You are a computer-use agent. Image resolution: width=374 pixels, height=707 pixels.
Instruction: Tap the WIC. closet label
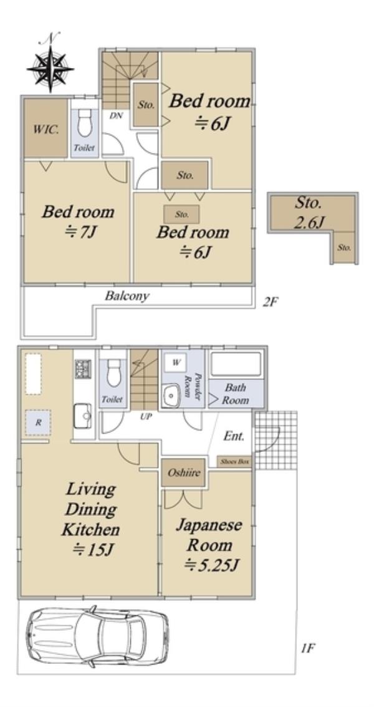pyautogui.click(x=46, y=129)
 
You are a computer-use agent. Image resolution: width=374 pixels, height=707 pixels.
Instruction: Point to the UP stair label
pyautogui.click(x=145, y=417)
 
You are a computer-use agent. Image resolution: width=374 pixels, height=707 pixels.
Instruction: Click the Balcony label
pyautogui.click(x=127, y=296)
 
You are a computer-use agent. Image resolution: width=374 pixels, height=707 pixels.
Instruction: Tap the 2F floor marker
pyautogui.click(x=271, y=301)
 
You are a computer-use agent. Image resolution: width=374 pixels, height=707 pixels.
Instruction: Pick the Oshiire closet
pyautogui.click(x=183, y=473)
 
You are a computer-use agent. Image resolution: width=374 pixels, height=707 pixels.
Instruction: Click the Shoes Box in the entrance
pyautogui.click(x=234, y=462)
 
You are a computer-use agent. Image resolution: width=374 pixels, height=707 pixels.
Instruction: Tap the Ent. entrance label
pyautogui.click(x=234, y=436)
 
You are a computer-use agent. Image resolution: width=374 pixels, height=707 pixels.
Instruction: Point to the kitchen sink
pyautogui.click(x=83, y=415)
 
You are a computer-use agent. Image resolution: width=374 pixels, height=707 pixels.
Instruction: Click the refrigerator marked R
pyautogui.click(x=38, y=422)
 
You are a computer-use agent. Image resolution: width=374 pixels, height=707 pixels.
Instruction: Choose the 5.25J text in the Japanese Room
pyautogui.click(x=211, y=564)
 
